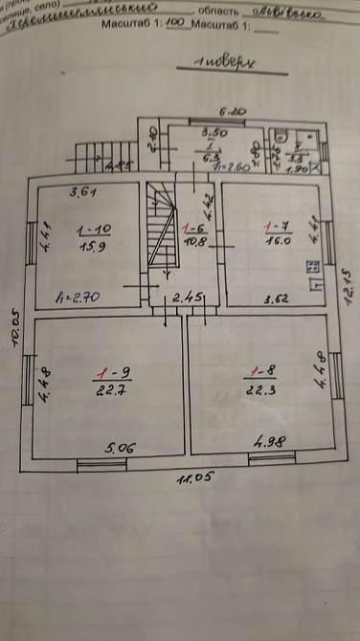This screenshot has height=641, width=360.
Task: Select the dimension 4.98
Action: [271, 443]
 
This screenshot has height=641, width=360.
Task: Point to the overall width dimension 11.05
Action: [191, 478]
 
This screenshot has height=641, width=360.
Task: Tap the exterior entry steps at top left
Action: [93, 153]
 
